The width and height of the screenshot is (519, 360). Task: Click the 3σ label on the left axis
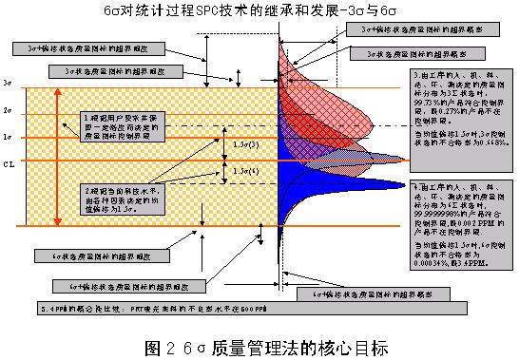(x=10, y=85)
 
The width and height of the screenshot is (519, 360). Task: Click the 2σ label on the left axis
(x=10, y=112)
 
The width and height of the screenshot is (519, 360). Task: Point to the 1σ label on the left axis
(x=10, y=138)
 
